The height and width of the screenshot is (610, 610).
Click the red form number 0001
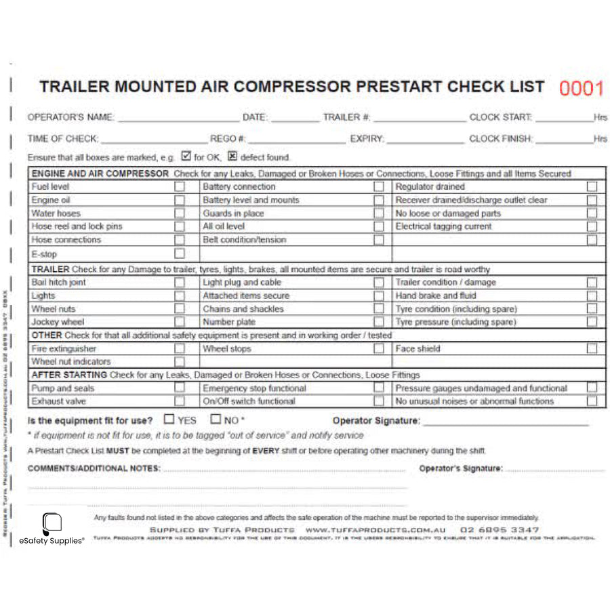point(581,89)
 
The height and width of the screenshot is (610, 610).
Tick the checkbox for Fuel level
point(180,186)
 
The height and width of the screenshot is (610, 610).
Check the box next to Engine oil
point(180,200)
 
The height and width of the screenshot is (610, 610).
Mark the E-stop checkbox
point(180,253)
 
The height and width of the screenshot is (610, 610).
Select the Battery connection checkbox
point(379,186)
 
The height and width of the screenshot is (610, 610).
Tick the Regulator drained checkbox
point(592,186)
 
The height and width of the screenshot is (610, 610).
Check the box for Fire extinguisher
point(180,348)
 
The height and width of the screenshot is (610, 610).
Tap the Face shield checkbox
point(592,348)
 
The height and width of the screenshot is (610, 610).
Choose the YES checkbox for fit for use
point(169,420)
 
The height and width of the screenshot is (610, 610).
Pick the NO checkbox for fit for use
point(216,420)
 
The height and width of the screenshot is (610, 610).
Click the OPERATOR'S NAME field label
point(70,117)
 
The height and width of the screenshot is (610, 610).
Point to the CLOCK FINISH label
point(501,139)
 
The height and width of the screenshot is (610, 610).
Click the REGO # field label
point(228,139)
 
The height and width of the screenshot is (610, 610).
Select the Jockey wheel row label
point(58,322)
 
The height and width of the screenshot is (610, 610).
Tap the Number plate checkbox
point(379,322)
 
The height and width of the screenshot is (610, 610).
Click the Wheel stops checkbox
point(379,348)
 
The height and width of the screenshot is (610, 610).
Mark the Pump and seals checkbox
point(180,388)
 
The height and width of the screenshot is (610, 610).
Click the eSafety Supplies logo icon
point(52,523)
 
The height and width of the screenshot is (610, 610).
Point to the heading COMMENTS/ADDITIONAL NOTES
point(94,468)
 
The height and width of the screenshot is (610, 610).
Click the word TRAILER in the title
point(74,87)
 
